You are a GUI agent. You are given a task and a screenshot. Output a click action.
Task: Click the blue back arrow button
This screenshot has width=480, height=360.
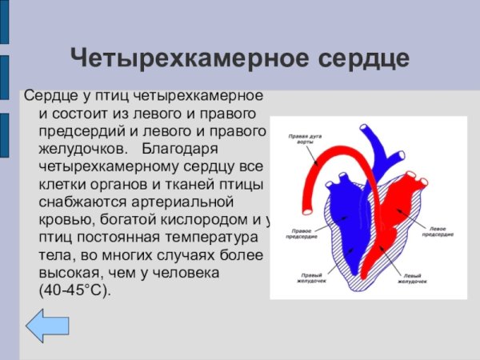tap(48, 328)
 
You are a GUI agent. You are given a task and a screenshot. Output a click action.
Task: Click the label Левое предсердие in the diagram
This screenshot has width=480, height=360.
tap(438, 231)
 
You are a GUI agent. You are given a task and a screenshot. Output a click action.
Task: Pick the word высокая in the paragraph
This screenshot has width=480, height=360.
tap(71, 273)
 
